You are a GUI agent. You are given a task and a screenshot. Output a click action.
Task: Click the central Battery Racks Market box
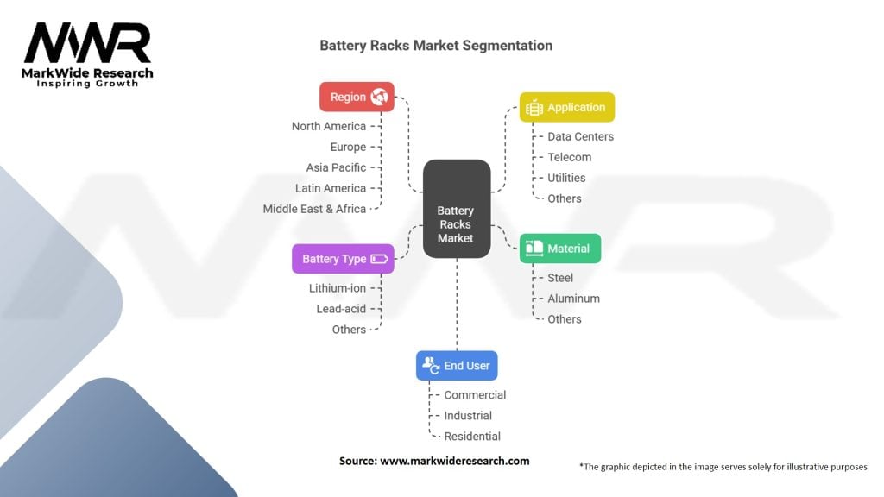(x=456, y=209)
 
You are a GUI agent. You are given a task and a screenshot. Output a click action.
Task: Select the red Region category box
(x=357, y=97)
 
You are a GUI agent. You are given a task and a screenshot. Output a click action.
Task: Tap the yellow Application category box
(x=566, y=107)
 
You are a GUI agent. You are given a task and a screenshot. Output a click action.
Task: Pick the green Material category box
(x=559, y=248)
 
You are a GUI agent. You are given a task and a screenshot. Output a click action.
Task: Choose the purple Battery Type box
(x=343, y=259)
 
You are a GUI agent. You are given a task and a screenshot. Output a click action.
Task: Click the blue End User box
(x=456, y=366)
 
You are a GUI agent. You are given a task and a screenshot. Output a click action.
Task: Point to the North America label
(x=329, y=126)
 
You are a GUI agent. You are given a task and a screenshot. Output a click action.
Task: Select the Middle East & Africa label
(x=314, y=209)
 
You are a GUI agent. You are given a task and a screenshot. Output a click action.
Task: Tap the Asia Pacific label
(x=336, y=167)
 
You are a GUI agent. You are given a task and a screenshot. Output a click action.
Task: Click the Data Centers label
(x=580, y=136)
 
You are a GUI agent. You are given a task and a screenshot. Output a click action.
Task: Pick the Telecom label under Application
(x=569, y=157)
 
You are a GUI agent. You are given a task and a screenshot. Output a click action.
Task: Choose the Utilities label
(x=566, y=178)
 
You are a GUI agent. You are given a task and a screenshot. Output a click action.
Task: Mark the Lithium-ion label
(x=338, y=288)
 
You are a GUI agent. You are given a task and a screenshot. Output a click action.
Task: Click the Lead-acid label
(x=341, y=309)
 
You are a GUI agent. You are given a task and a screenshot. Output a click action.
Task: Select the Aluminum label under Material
(x=573, y=299)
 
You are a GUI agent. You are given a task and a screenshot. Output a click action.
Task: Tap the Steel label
(x=560, y=278)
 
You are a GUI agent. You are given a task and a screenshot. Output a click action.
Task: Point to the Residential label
(x=472, y=437)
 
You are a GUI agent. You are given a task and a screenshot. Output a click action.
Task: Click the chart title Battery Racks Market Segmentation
(x=436, y=45)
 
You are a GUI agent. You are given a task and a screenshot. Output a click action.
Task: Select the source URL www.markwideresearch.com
(x=455, y=462)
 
